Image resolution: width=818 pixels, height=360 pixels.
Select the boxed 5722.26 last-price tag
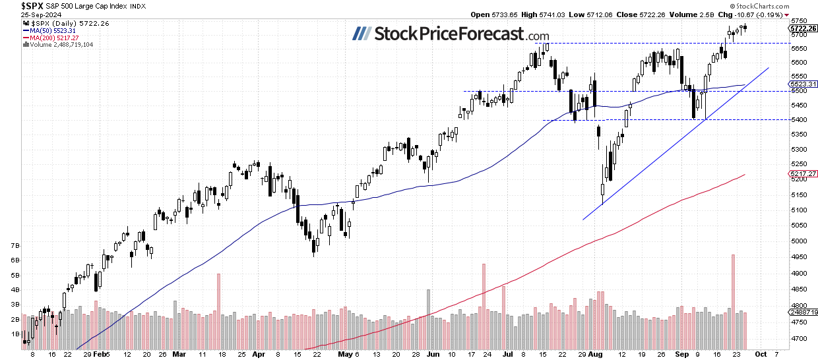(803, 28)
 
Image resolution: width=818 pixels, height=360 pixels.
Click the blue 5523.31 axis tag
(802, 84)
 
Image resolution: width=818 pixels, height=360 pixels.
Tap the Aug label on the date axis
(596, 353)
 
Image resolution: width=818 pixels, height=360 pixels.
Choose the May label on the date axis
(343, 353)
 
